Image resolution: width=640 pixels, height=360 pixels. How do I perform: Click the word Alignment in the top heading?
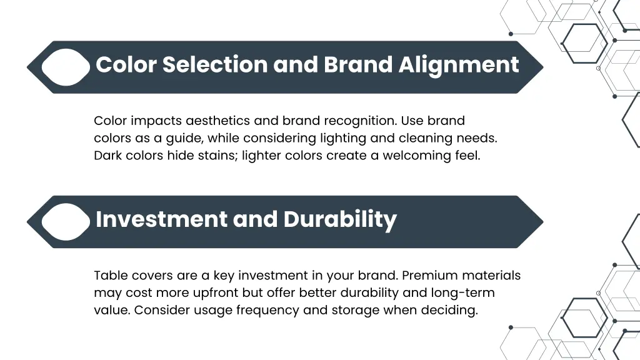click(x=459, y=65)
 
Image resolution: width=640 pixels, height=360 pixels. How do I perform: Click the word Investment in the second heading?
click(x=161, y=219)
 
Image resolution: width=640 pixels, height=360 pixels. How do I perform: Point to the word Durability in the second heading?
click(x=340, y=219)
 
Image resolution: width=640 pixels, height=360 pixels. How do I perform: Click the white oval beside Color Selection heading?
click(x=66, y=67)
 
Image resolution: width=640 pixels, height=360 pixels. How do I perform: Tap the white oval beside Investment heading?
click(x=66, y=222)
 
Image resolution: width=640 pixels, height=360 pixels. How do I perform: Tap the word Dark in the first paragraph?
click(x=107, y=156)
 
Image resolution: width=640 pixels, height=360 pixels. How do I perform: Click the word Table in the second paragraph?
click(x=109, y=276)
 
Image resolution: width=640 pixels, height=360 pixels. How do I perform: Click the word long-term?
click(x=463, y=292)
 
